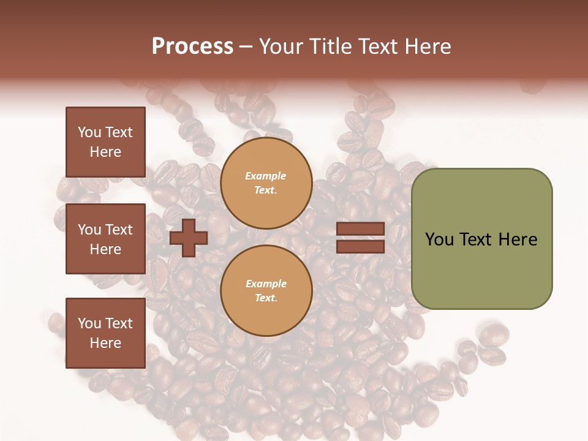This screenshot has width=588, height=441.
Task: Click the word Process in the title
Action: click(192, 47)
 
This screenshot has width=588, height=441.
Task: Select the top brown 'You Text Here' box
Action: click(105, 142)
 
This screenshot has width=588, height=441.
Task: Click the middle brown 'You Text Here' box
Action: click(105, 239)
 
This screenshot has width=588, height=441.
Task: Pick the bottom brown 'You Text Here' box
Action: click(105, 333)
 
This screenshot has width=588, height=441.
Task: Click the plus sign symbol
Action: click(188, 238)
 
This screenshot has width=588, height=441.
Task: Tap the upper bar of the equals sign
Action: click(360, 229)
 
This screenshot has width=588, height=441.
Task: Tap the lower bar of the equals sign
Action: click(360, 247)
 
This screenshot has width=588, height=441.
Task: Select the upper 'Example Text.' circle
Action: click(266, 183)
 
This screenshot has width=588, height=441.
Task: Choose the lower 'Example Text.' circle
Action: click(266, 291)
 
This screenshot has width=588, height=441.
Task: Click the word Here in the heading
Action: click(429, 47)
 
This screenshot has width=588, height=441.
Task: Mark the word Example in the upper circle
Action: click(266, 176)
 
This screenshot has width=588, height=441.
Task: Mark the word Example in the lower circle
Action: click(266, 284)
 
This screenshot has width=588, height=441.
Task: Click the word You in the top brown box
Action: click(89, 132)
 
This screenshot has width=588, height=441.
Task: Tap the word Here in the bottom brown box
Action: click(105, 343)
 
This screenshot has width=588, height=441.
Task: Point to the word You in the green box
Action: click(439, 239)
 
